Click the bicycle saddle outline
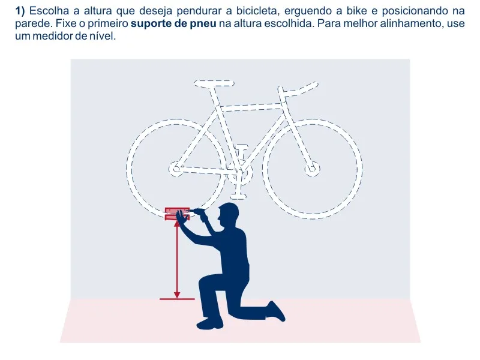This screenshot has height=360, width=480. pos(214,83)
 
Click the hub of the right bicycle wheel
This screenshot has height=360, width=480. pos(312,169)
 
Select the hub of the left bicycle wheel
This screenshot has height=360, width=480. pos(176,169)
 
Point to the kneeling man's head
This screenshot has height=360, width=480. pos(229,214)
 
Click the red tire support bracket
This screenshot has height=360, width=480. pos(177,214)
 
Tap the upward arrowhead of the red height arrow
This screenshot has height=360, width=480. pos(177,224)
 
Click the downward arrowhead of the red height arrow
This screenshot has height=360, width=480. pos(177,295)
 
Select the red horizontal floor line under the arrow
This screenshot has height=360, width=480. pos(177,299)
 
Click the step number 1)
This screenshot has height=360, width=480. pos(20,11)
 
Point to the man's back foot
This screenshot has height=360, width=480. pos(277,311)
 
